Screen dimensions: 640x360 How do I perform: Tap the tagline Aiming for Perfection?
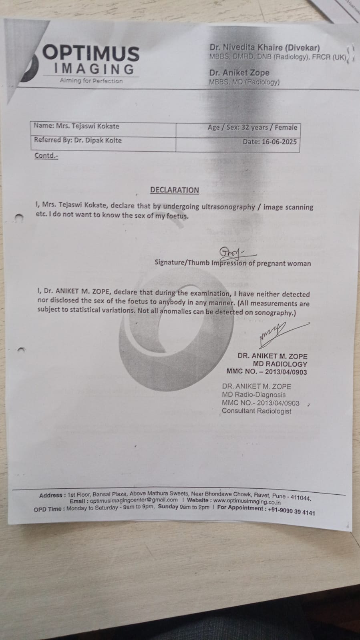click(x=91, y=81)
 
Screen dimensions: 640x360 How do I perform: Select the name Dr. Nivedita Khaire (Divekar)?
click(x=265, y=48)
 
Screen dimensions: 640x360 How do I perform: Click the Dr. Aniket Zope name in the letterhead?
click(x=239, y=73)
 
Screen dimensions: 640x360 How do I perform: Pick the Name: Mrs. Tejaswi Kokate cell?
click(x=76, y=126)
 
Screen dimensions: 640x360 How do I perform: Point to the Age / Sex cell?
click(x=252, y=128)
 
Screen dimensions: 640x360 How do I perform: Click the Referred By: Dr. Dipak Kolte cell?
click(x=78, y=140)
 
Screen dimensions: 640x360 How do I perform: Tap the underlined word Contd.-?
click(x=46, y=156)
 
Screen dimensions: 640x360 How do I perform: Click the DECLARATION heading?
click(x=175, y=190)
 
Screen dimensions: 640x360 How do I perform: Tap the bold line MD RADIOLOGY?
click(x=280, y=364)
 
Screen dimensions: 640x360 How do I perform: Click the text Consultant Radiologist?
click(x=257, y=411)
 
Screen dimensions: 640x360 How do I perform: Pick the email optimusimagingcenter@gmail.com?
click(x=134, y=500)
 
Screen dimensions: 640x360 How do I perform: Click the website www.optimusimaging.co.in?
click(x=247, y=502)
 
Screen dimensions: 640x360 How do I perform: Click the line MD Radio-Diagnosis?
click(x=254, y=395)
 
